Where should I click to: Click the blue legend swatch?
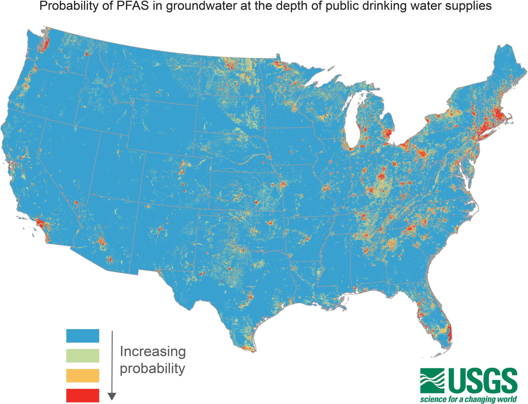82,336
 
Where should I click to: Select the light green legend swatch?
82,355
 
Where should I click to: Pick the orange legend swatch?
82,375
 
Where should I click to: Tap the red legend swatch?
82,395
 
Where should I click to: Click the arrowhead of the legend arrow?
112,396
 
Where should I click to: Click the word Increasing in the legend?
153,352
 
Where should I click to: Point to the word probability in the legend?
152,369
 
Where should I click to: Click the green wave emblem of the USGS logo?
432,381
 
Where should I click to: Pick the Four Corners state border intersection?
139,202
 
